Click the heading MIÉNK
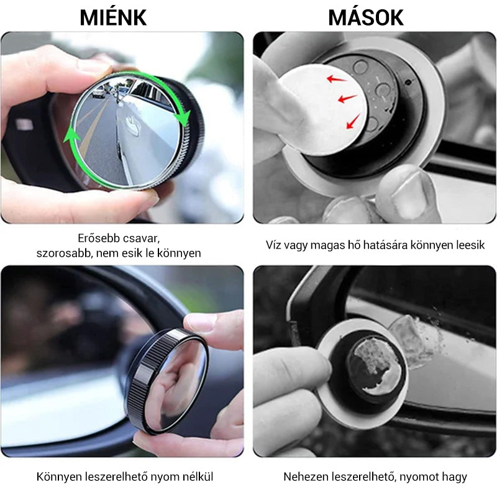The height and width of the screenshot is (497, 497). pyautogui.click(x=113, y=17)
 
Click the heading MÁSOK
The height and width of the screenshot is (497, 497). pyautogui.click(x=366, y=17)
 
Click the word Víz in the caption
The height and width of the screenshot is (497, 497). pyautogui.click(x=273, y=245)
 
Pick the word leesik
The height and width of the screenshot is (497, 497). pyautogui.click(x=471, y=245)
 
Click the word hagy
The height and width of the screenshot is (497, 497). pyautogui.click(x=456, y=477)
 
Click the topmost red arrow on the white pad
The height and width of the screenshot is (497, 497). pyautogui.click(x=336, y=79)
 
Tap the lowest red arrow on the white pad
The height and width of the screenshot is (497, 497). pyautogui.click(x=353, y=121)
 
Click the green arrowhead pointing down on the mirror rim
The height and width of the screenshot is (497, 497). pyautogui.click(x=183, y=118)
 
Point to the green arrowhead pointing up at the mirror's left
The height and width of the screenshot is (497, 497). pyautogui.click(x=71, y=137)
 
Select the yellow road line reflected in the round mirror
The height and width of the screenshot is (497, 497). pyautogui.click(x=91, y=127)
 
